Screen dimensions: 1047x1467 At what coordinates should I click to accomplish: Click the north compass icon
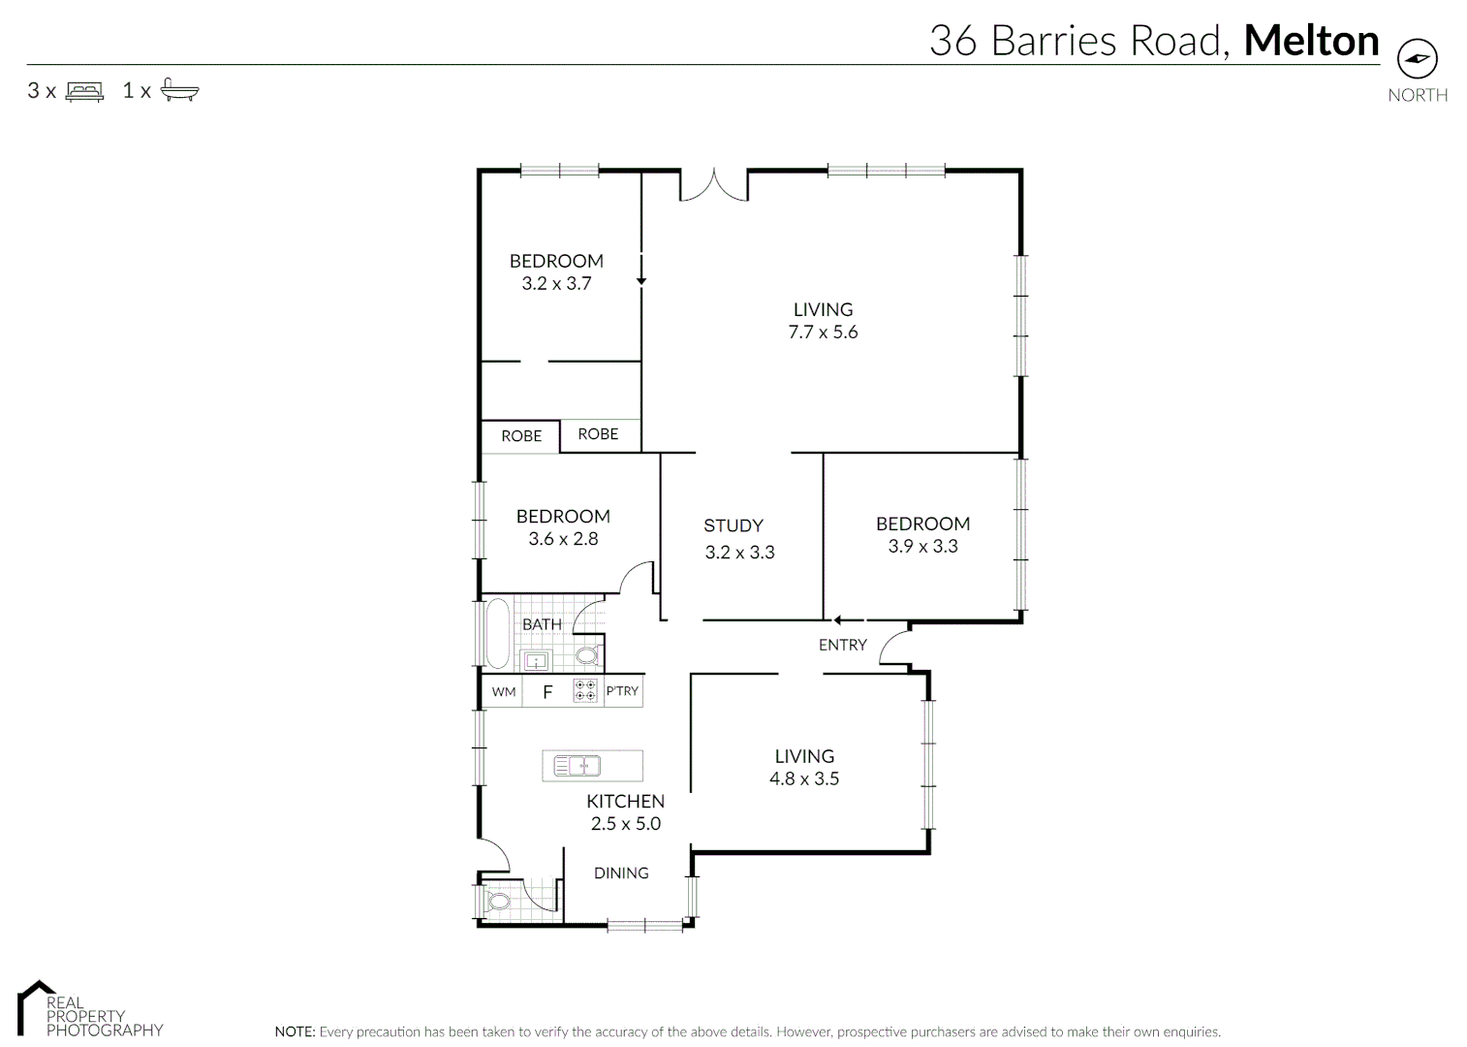pos(1417,59)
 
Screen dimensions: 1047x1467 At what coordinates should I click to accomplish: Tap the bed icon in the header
pos(84,91)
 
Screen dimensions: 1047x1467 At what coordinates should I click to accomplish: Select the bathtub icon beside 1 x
pos(179,90)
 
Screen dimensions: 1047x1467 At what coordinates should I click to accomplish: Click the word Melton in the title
pos(1311,41)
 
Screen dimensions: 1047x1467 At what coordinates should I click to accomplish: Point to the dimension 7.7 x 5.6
pos(823,333)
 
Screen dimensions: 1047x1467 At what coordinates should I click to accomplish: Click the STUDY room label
pos(733,525)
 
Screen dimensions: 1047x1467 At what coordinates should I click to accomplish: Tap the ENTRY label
pos(842,645)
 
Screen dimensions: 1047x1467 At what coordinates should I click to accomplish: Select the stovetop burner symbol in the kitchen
pos(585,691)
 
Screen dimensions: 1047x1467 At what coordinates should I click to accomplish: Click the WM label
pos(503,692)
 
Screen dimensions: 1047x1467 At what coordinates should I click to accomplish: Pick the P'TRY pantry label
pos(622,691)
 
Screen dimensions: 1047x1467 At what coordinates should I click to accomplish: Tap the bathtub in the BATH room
pos(497,634)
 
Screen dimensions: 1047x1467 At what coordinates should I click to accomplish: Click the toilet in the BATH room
pos(587,656)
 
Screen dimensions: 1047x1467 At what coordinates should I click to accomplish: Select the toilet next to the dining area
pos(498,902)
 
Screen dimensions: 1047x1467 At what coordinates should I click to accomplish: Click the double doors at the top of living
pos(714,186)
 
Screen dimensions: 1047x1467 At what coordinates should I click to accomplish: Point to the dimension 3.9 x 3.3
pos(922,547)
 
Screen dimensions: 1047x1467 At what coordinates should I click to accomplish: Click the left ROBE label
pos(521,436)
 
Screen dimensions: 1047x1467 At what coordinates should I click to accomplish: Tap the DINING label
pos(621,873)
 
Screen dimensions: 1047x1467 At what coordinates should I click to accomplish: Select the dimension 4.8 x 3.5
pos(804,778)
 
